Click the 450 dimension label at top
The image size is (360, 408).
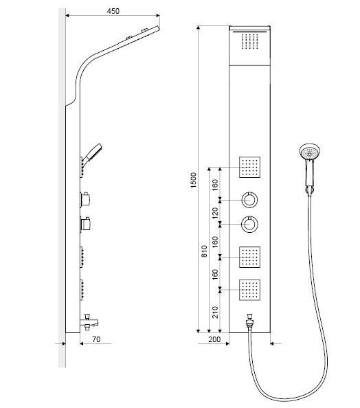point(113,11)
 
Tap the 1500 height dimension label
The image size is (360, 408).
point(194,180)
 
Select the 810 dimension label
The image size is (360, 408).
point(204,251)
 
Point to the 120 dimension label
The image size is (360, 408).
point(215,213)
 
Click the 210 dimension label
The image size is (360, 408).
point(215,312)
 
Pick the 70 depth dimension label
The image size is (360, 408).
point(96,339)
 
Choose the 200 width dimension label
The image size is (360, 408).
point(214,339)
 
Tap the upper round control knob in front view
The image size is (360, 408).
point(250,200)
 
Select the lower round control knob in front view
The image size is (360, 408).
point(249,224)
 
